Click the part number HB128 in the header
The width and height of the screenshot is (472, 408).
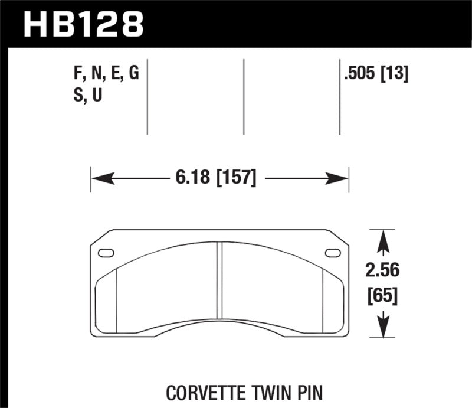point(83,24)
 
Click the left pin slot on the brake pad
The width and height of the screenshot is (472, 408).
point(107,253)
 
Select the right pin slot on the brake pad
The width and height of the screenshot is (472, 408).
point(333,253)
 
